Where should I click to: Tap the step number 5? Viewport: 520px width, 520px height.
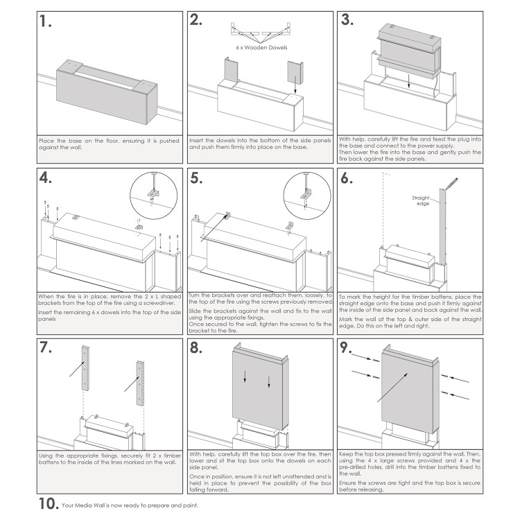pyautogui.click(x=197, y=179)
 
